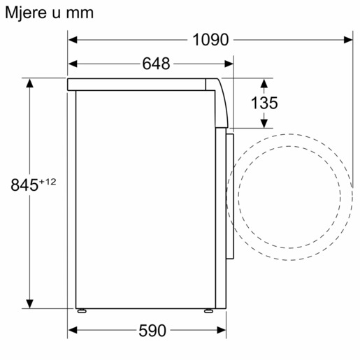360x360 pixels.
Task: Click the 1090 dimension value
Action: coord(210,40)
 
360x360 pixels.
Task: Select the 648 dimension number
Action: coord(156,64)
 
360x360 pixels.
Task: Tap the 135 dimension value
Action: coord(264,103)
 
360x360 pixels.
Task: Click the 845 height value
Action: coord(24,185)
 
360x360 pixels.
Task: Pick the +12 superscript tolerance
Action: coord(47,181)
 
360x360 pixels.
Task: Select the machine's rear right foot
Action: coord(208,310)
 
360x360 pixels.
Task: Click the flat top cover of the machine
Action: coord(140,84)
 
